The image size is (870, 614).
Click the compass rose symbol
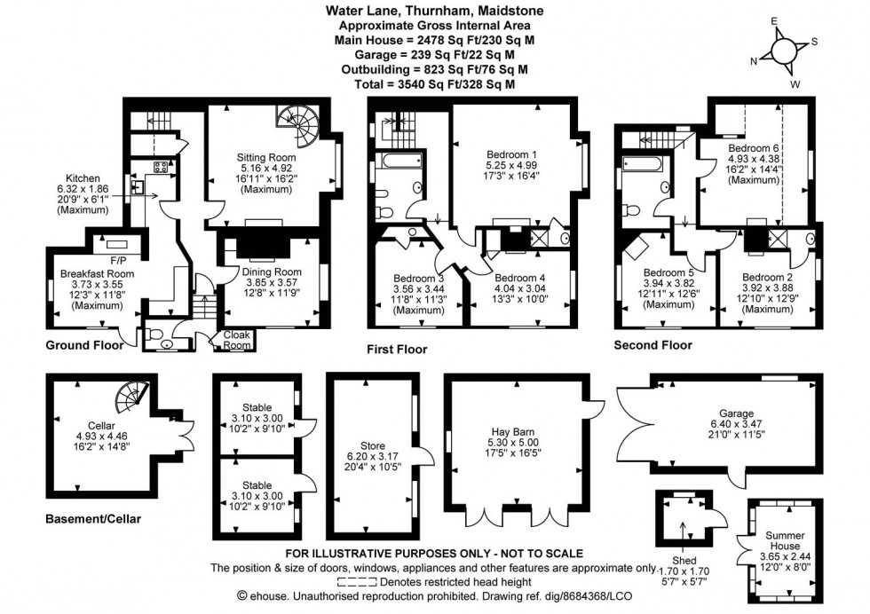(785, 51)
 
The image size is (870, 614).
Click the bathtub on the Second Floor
(637, 164)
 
